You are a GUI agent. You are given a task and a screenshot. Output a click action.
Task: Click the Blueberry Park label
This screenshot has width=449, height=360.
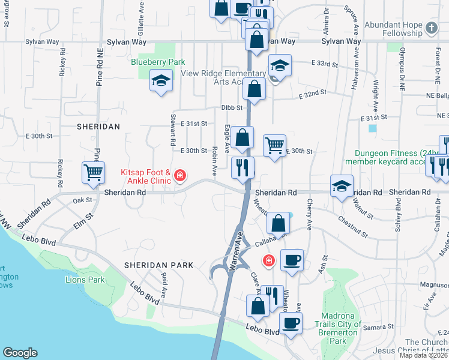[158, 62]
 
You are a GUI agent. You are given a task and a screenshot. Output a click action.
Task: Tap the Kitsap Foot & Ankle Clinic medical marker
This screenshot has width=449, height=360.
[180, 175]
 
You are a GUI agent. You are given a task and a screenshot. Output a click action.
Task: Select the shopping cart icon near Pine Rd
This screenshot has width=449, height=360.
[93, 173]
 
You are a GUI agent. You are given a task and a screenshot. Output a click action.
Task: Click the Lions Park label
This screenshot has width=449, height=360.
[85, 280]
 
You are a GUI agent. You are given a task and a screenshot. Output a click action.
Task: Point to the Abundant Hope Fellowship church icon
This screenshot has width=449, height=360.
[432, 28]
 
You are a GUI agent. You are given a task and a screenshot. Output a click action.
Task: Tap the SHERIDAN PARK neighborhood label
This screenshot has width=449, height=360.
[159, 265]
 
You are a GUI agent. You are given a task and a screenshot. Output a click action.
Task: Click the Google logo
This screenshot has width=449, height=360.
[20, 353]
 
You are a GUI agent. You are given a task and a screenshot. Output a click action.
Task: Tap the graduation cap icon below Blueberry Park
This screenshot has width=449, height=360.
[161, 80]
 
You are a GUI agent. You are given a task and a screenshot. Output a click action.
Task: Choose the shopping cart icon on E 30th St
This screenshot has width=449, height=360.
[274, 145]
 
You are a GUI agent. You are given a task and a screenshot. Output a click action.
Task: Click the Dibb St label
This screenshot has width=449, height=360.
[231, 107]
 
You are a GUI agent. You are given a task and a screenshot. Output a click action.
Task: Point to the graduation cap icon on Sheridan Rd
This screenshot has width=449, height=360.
[342, 186]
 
